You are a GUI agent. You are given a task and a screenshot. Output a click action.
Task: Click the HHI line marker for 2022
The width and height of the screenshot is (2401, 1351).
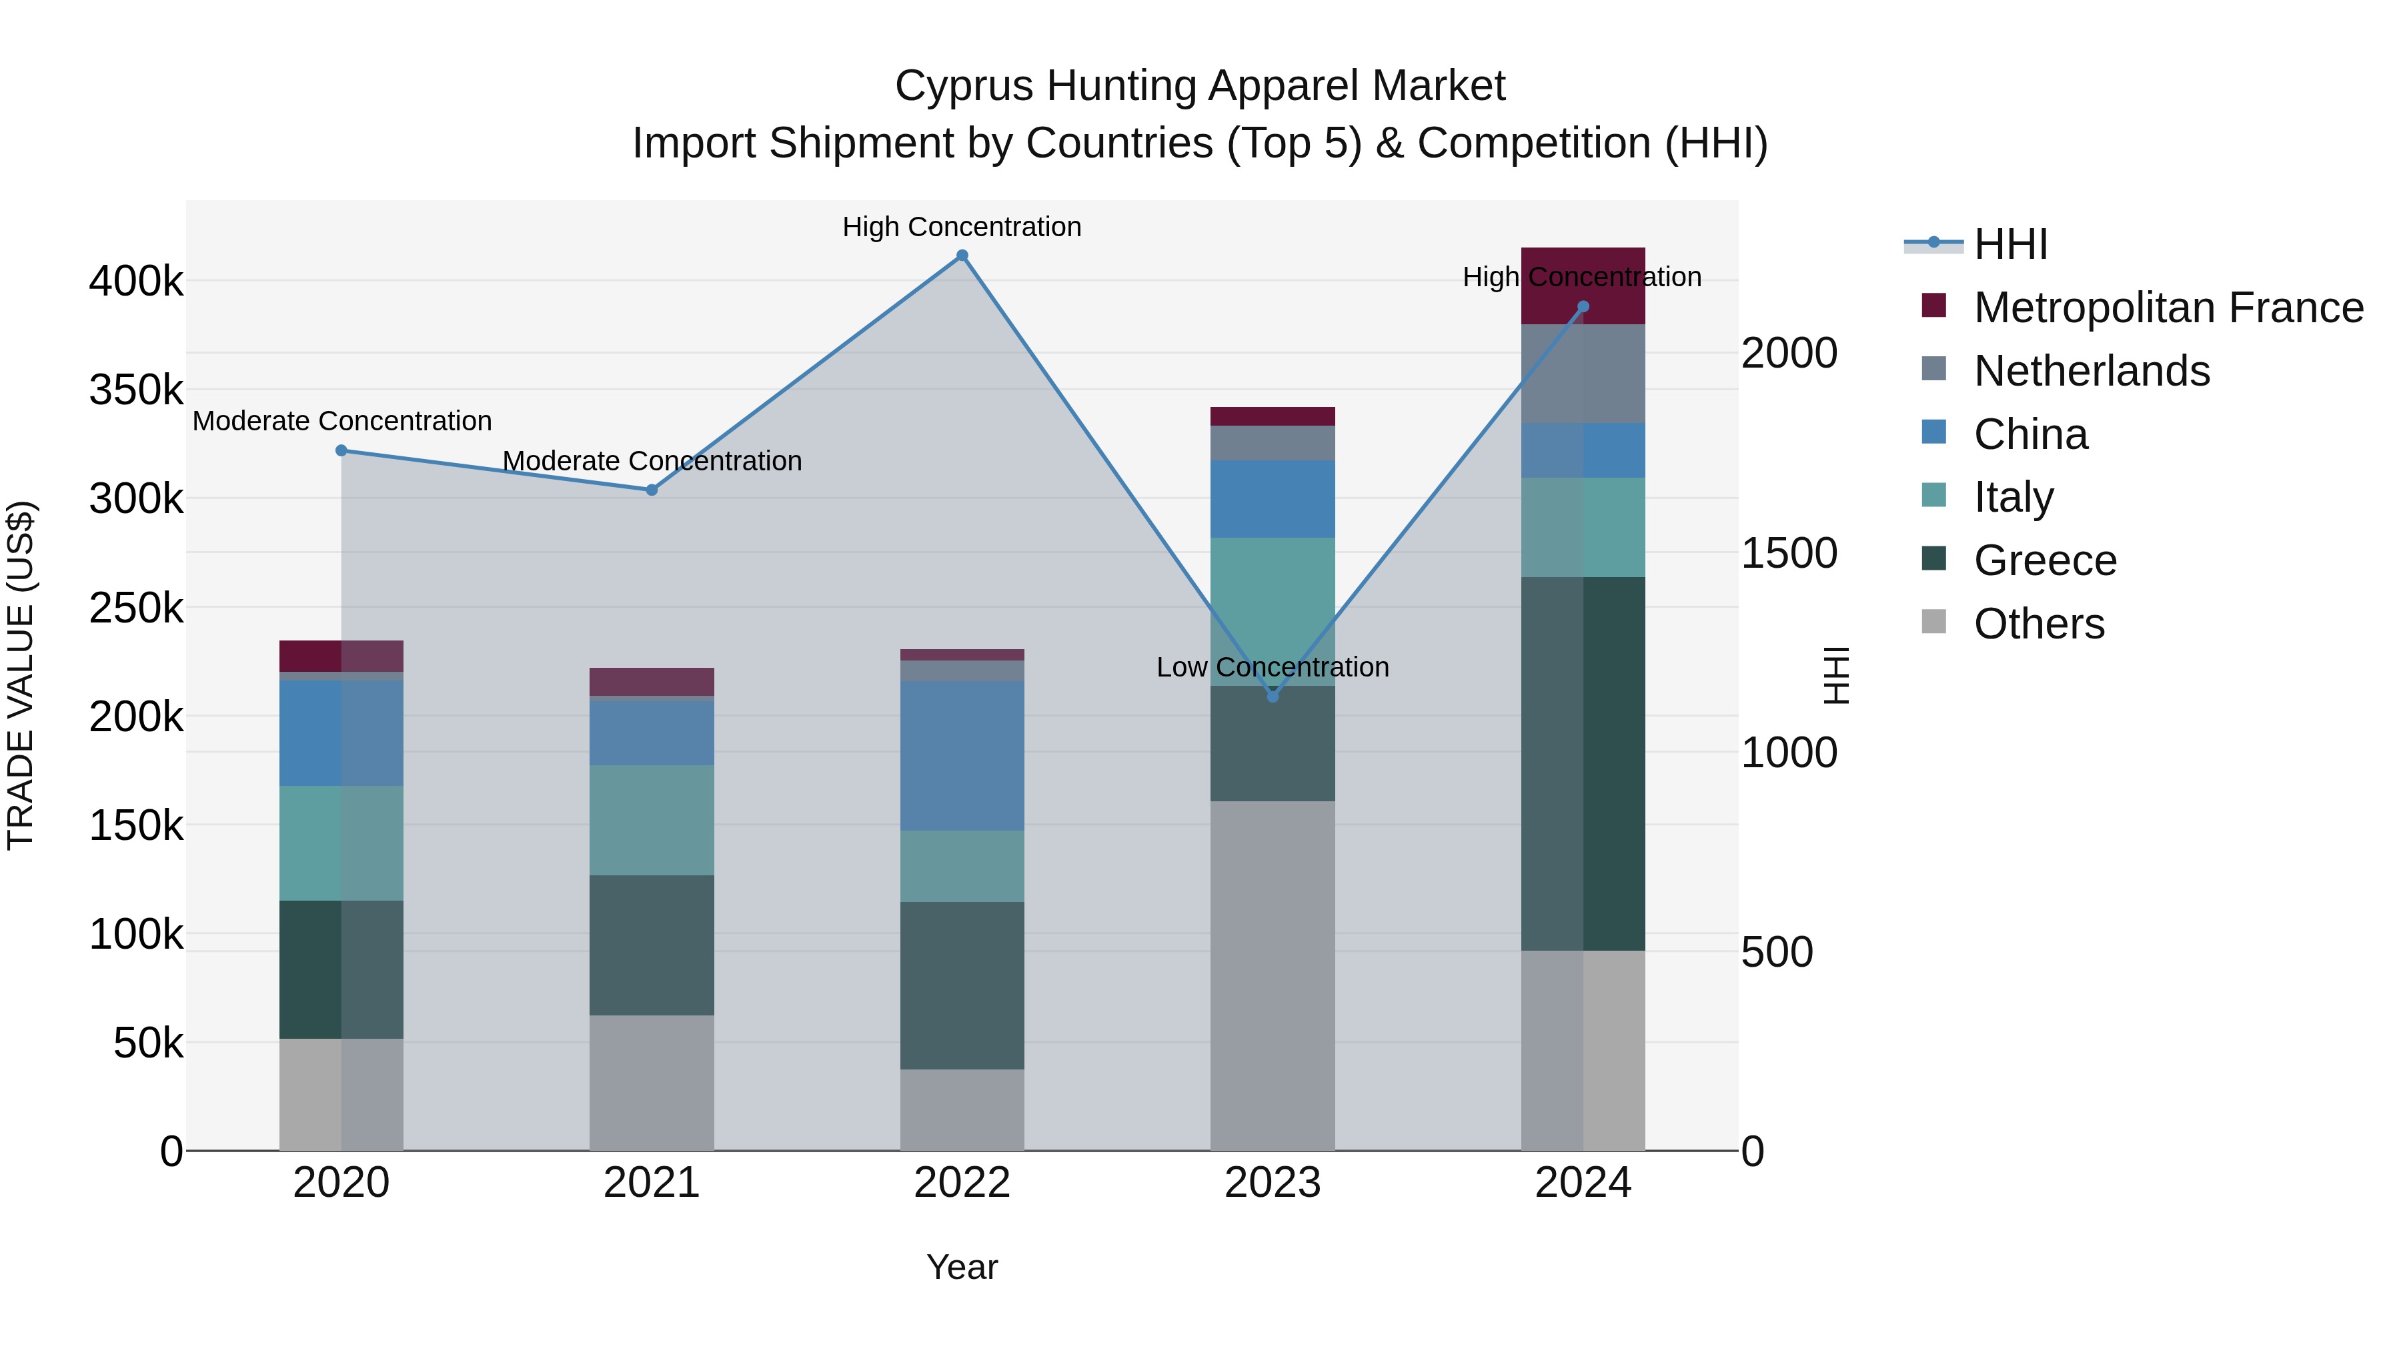click(962, 256)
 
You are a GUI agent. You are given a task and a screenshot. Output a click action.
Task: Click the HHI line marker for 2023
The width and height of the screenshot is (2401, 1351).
click(1273, 697)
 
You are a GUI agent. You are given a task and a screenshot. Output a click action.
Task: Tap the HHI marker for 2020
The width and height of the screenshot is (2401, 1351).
click(341, 450)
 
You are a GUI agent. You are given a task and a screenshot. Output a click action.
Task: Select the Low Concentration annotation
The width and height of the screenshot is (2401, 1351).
click(1273, 668)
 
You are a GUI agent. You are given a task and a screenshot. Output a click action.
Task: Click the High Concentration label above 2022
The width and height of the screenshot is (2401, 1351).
click(962, 227)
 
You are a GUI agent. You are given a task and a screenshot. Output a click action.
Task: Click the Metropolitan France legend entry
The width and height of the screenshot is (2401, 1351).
click(2168, 308)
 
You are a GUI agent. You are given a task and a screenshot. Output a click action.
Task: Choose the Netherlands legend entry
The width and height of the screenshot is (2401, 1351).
click(2092, 371)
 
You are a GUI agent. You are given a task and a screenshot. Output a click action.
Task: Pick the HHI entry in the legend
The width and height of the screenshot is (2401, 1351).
click(2010, 244)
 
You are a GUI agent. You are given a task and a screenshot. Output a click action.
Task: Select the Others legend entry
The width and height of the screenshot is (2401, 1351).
click(2038, 624)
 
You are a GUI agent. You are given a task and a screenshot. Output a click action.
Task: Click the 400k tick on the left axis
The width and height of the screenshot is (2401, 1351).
click(136, 281)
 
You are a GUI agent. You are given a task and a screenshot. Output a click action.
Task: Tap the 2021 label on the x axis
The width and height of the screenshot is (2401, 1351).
click(652, 1183)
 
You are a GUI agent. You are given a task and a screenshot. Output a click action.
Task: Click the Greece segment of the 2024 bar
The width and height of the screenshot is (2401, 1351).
click(1583, 764)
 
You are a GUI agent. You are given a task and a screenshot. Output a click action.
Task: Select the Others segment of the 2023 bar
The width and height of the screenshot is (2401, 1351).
click(1273, 975)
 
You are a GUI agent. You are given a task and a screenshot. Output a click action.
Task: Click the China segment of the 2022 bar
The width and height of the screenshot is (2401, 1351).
click(962, 755)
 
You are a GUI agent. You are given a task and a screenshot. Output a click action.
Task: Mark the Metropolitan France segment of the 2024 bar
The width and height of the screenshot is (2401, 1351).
click(1583, 286)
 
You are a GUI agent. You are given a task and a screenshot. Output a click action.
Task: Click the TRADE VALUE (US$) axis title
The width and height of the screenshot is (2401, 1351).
click(21, 675)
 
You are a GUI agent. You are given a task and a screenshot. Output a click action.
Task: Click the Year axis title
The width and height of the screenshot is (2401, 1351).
click(962, 1267)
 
